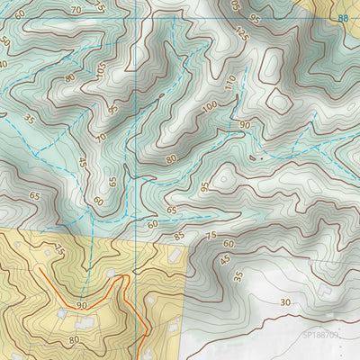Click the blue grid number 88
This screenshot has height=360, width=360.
pyautogui.click(x=343, y=18)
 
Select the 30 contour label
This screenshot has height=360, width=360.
pyautogui.click(x=285, y=302)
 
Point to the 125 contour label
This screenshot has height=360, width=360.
pyautogui.click(x=239, y=35)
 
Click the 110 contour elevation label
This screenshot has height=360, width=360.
pyautogui.click(x=230, y=84)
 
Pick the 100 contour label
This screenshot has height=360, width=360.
pyautogui.click(x=210, y=107)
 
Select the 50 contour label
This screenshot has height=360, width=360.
pyautogui.click(x=5, y=42)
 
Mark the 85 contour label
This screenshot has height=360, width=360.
pyautogui.click(x=179, y=237)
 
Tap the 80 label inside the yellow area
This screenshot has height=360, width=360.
pyautogui.click(x=74, y=340)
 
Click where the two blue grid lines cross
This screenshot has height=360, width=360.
pyautogui.click(x=136, y=18)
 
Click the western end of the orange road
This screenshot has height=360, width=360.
pyautogui.click(x=40, y=267)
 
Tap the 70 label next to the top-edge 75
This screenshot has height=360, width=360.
pyautogui.click(x=76, y=10)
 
